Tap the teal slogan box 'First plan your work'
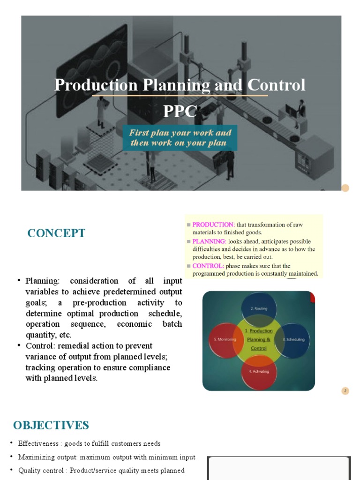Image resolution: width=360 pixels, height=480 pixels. [180, 138]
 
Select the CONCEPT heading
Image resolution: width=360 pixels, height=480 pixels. [56, 233]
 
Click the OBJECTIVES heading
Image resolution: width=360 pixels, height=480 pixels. [51, 425]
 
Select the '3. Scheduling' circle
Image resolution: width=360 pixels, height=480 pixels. [294, 339]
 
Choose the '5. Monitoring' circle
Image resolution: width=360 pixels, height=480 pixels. [223, 339]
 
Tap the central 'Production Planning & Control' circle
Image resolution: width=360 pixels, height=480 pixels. [259, 339]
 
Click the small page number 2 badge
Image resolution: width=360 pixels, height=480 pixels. [345, 391]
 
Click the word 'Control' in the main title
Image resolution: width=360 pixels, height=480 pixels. [277, 85]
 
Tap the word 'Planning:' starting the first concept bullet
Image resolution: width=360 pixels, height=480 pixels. [43, 281]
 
